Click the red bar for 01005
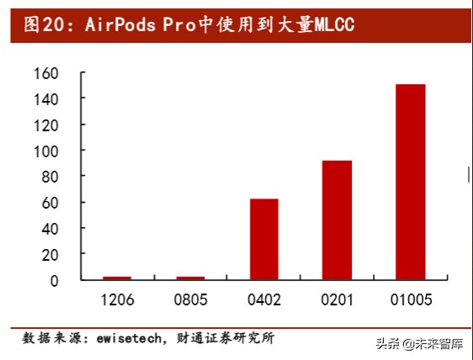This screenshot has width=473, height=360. pos(411,182)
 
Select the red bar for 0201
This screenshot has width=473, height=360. pos(337,220)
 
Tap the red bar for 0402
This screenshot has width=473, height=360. pos(263,239)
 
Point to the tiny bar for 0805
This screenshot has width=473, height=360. pos(190,278)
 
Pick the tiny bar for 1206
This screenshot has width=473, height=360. pos(117,278)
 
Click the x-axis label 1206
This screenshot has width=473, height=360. pos(117,299)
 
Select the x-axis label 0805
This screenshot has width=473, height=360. pos(190,299)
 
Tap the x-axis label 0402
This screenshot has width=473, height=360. pos(263,299)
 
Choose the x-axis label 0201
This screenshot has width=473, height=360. pos(337,299)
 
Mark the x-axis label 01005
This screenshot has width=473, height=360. pos(411,299)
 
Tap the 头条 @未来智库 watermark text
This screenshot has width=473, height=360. pos(421,343)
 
